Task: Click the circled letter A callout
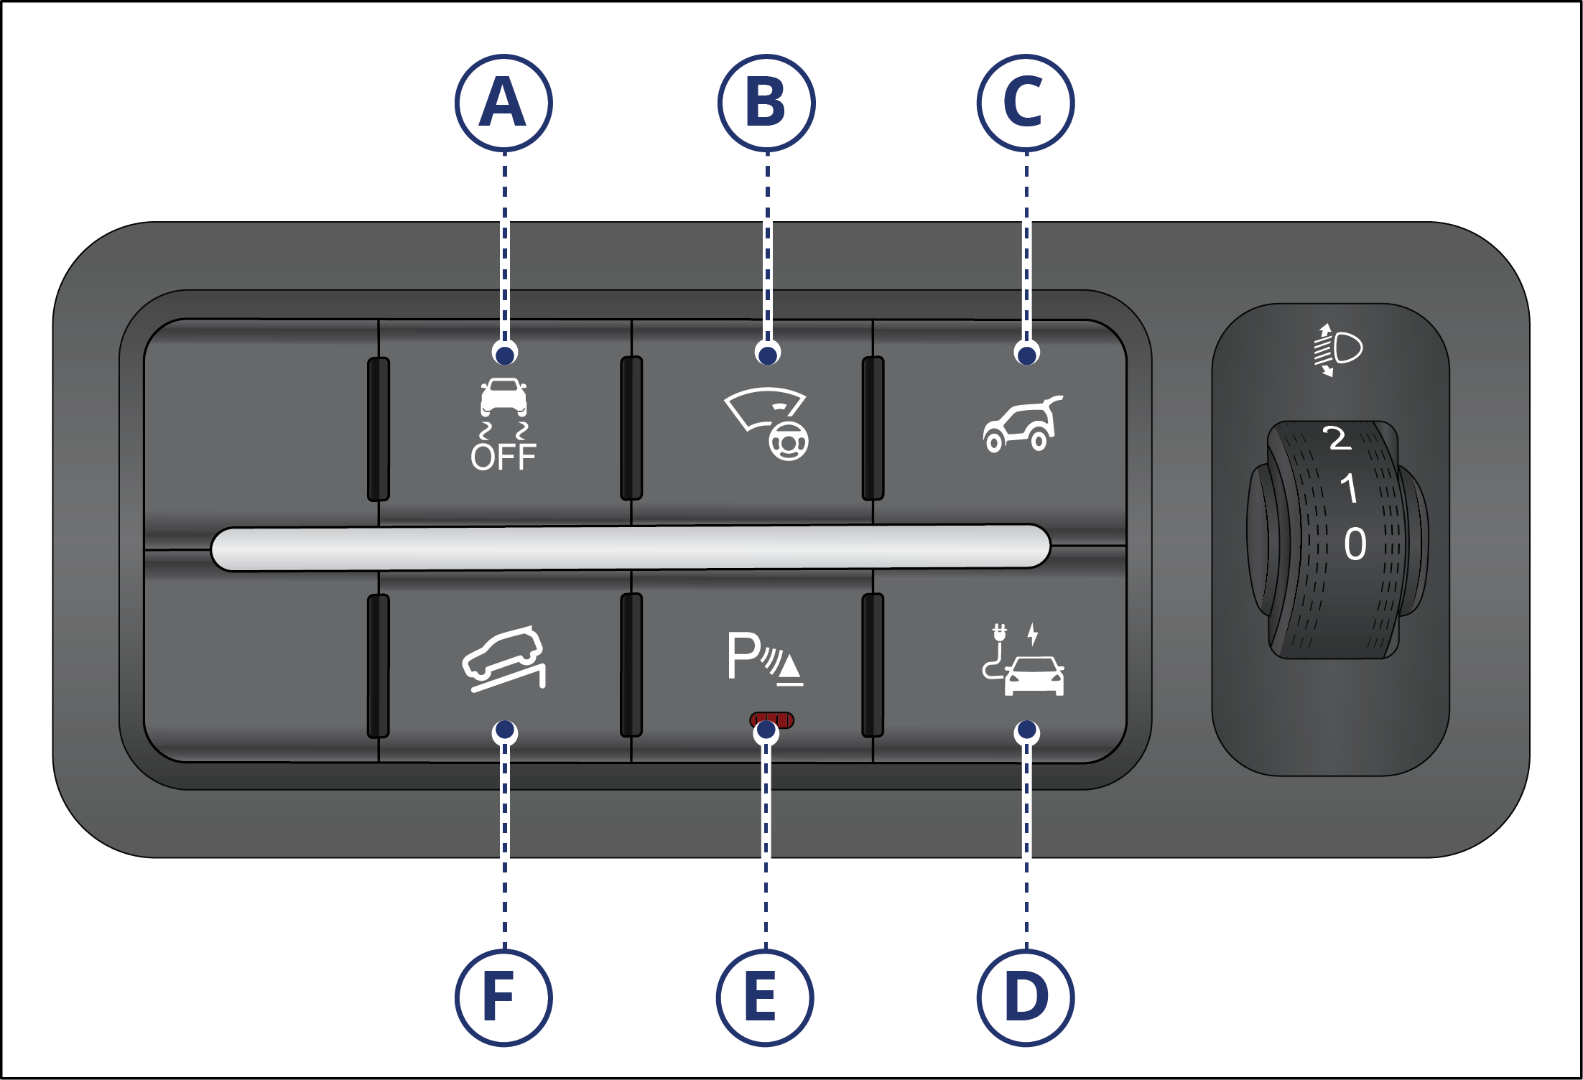pos(503,103)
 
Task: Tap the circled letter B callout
pos(766,103)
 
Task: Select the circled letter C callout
pos(1025,103)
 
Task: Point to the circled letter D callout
pos(1025,997)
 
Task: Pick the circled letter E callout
pos(765,997)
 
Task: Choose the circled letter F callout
pos(503,997)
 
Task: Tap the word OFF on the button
pos(503,457)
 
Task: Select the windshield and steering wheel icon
pos(766,424)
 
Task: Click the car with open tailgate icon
pos(1023,424)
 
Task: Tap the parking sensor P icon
pos(764,658)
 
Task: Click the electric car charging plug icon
pos(1023,661)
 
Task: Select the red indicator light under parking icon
pos(772,720)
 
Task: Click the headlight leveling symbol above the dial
pos(1338,350)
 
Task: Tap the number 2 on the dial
pos(1337,438)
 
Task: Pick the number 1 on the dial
pos(1350,488)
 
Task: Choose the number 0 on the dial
pos(1355,544)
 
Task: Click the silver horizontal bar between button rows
pos(631,548)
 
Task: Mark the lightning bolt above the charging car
pos(1032,633)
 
